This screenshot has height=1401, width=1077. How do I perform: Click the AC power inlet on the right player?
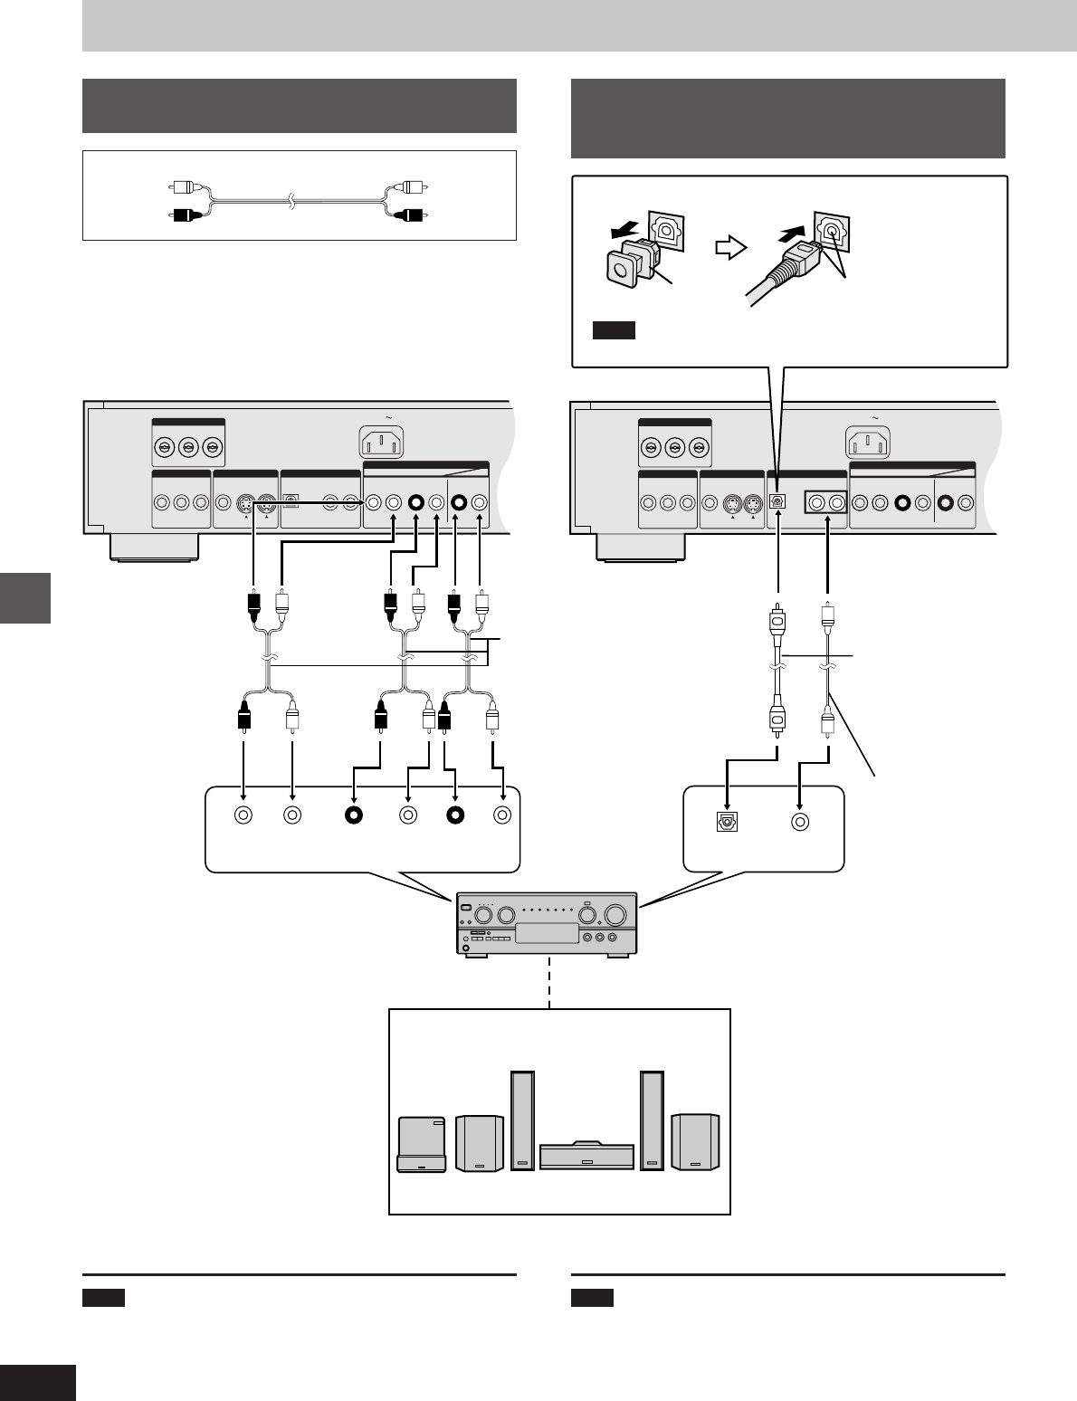click(x=868, y=443)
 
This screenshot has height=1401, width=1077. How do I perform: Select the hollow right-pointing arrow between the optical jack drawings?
click(x=729, y=248)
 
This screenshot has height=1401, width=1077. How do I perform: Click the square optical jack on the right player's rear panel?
click(x=777, y=502)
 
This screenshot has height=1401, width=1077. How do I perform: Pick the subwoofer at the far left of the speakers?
click(x=423, y=1145)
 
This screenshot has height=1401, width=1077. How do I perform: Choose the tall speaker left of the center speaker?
click(x=522, y=1120)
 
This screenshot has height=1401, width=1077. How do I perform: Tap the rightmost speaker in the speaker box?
click(x=696, y=1143)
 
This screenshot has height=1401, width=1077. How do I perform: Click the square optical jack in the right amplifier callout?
click(x=727, y=823)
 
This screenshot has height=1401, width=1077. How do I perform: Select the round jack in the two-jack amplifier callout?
click(x=799, y=823)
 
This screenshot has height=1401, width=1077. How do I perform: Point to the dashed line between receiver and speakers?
click(x=548, y=981)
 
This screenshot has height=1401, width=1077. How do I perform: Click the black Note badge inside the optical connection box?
click(x=615, y=330)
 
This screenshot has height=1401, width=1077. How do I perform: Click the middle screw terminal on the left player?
click(x=188, y=446)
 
